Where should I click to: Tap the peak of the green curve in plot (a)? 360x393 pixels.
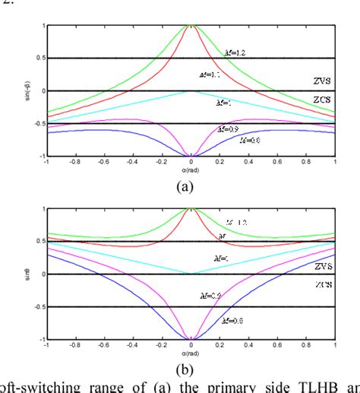[192, 27]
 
